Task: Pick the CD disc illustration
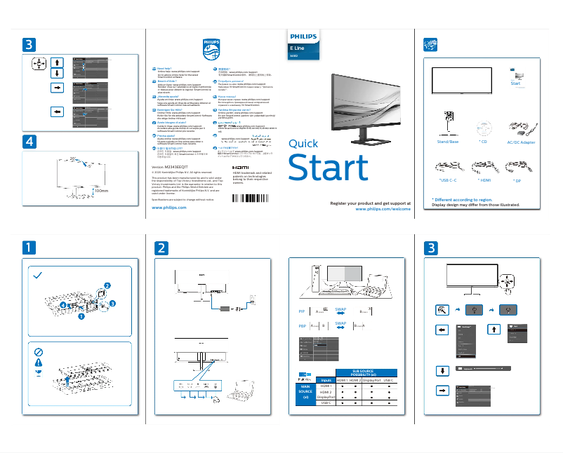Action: [x=482, y=128]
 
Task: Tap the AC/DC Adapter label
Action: [x=521, y=142]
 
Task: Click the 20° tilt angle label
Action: [x=72, y=159]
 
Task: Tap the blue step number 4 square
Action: [x=28, y=142]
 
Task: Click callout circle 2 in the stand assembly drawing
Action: [x=107, y=285]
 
